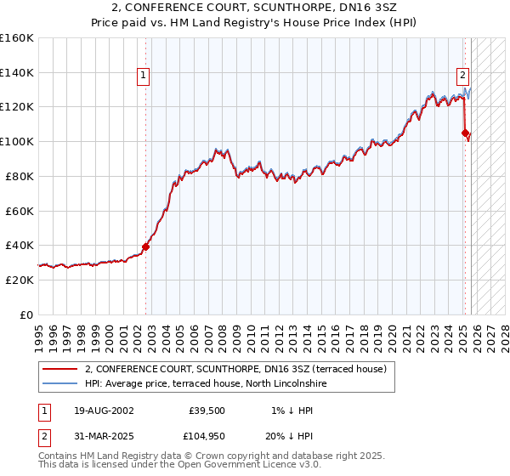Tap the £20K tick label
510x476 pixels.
click(19, 280)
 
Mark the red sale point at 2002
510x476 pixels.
click(145, 246)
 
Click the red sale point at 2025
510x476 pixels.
click(465, 133)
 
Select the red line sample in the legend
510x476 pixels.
click(59, 370)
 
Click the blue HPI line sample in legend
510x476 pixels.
click(59, 383)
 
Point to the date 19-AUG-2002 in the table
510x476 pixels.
click(104, 411)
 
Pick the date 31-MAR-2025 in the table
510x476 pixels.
click(104, 439)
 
